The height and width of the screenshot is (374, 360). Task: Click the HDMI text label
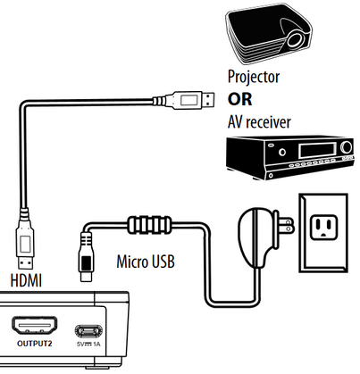coord(25,280)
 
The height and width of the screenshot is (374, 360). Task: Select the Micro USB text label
coord(145,263)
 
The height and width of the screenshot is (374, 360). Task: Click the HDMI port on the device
coord(33,324)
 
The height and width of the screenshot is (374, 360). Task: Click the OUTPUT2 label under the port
coord(33,344)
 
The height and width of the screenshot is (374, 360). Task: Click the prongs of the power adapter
coord(286,227)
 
